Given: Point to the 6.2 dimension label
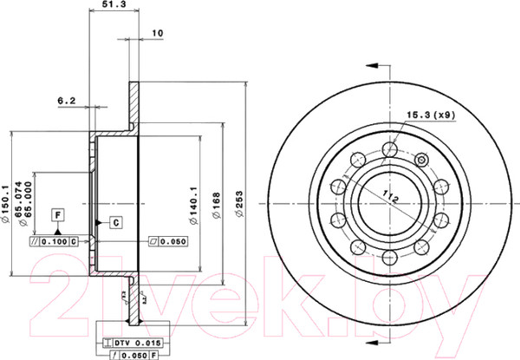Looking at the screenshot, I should [67, 101].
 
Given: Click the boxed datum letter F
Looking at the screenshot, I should [57, 213].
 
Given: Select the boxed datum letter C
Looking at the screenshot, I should [114, 222].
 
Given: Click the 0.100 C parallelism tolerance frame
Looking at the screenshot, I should [55, 240].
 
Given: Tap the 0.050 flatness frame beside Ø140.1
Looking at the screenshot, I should [170, 240].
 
